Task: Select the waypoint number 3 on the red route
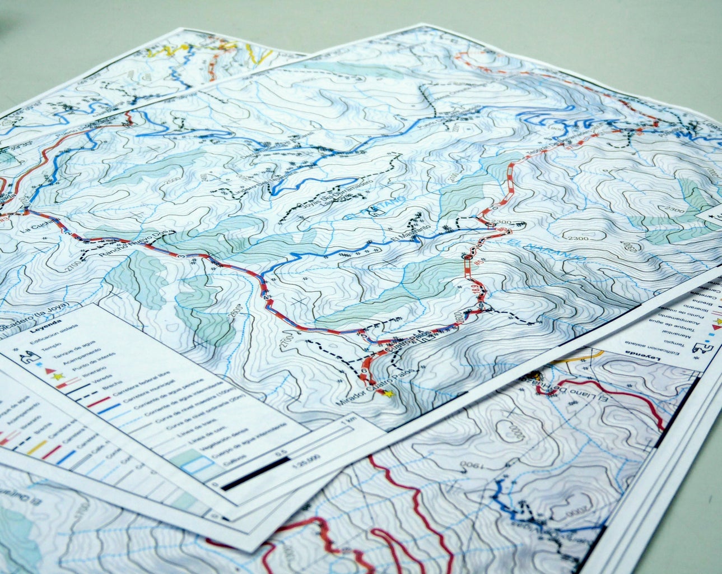(180, 256)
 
